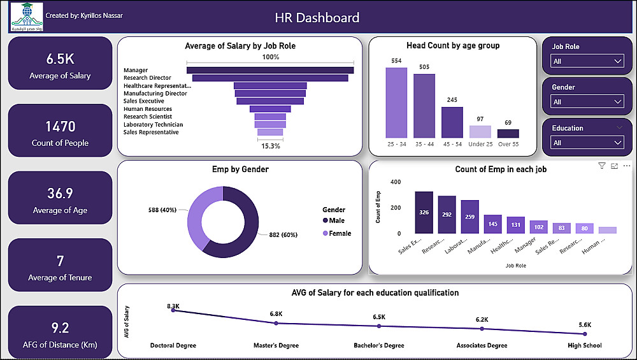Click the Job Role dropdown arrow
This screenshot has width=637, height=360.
pos(617,61)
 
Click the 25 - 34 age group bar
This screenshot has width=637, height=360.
pos(396,103)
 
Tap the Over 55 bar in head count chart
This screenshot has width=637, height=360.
pos(508,134)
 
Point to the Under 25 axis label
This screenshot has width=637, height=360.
pos(480,145)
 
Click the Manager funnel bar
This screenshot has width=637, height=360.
pos(270,70)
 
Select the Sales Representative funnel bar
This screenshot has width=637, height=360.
pos(270,132)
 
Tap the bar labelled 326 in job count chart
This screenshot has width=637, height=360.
pos(424,212)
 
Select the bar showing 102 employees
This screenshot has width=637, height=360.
pos(538,226)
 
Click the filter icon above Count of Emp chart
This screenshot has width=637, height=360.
pos(602,166)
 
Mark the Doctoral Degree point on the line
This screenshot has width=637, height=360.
pos(173,311)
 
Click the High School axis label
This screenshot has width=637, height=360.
pos(585,346)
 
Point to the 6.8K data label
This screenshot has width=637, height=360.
pos(275,314)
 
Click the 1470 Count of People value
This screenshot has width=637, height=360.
pos(60,126)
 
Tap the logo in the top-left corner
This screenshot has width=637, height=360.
pos(27,17)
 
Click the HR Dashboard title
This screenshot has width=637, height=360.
pos(317,18)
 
